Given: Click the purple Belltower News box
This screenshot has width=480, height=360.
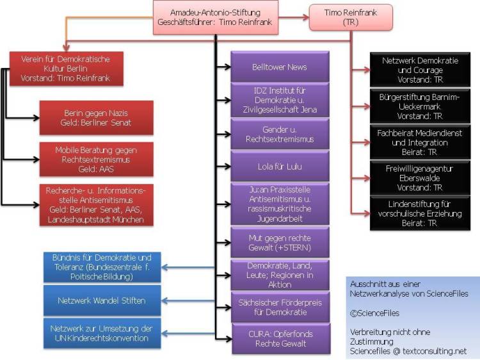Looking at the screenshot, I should coord(279,67).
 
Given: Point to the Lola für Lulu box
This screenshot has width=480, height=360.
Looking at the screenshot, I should coord(279,167).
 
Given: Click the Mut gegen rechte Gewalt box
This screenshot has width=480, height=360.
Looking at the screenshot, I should coord(279,241).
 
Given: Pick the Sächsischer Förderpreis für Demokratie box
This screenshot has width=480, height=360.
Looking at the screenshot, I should coord(279,307).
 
